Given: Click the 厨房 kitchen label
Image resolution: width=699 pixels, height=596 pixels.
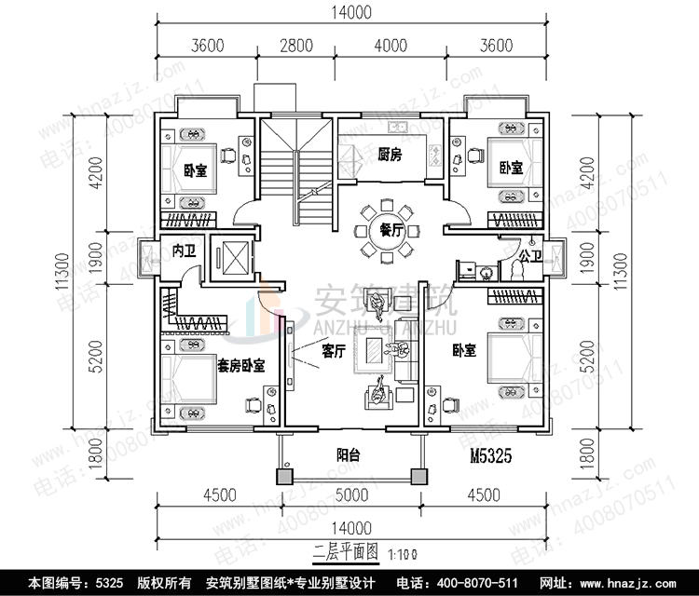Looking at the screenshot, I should pos(391,156).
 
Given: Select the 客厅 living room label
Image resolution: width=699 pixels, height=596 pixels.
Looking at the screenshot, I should pos(334,352).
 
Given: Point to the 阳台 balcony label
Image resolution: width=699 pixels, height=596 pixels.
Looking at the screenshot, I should pos(349,455).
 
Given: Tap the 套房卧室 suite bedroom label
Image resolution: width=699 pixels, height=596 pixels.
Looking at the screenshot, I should pos(240,366).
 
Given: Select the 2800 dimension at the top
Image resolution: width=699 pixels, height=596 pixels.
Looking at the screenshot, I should pos(295,44).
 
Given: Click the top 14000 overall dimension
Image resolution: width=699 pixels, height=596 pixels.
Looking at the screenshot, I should pos(349,12).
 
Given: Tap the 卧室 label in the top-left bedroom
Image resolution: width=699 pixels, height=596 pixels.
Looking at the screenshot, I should pos(195,169).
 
